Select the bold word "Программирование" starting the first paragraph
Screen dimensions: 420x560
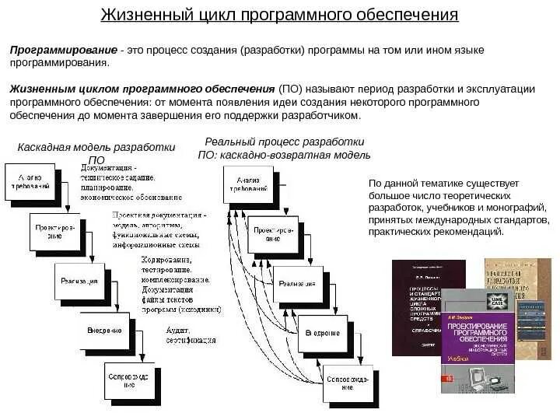(x=63, y=50)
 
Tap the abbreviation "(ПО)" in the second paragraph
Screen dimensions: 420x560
(x=292, y=89)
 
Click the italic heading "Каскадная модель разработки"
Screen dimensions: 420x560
(x=96, y=147)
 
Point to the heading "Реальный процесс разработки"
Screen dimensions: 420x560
(x=285, y=142)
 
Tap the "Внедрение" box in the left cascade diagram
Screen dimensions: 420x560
(x=104, y=330)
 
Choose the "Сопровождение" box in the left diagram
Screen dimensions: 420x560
(x=130, y=380)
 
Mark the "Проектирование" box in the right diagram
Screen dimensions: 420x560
(x=273, y=234)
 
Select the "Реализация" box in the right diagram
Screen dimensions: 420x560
(x=297, y=284)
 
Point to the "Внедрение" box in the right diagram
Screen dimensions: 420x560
(x=321, y=333)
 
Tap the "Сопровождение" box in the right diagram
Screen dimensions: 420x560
(x=345, y=382)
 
